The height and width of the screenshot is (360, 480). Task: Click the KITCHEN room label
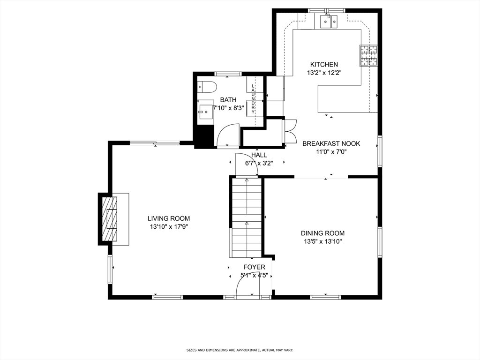tap(324, 65)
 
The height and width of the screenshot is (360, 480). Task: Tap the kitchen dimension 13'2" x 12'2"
tap(324, 73)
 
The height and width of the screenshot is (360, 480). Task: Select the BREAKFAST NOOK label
tap(331, 143)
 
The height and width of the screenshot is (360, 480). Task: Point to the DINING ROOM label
tap(322, 233)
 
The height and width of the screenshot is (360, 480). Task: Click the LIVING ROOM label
tap(169, 218)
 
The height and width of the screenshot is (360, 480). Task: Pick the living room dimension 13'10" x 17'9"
tap(169, 227)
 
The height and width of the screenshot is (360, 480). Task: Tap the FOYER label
tap(254, 267)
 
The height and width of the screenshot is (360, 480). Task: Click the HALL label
tap(259, 155)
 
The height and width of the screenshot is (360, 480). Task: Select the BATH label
tap(228, 100)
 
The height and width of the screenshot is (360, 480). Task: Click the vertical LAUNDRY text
tap(253, 99)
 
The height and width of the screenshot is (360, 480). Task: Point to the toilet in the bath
tap(207, 87)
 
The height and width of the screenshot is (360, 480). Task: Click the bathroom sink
tap(205, 112)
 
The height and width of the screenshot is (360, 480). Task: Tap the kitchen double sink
tap(329, 22)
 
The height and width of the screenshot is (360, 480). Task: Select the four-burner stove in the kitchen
tap(368, 55)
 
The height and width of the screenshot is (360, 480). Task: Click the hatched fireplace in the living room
tap(109, 219)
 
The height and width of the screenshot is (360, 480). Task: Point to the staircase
tap(247, 217)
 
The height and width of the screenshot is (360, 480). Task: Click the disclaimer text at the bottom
tap(240, 350)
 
